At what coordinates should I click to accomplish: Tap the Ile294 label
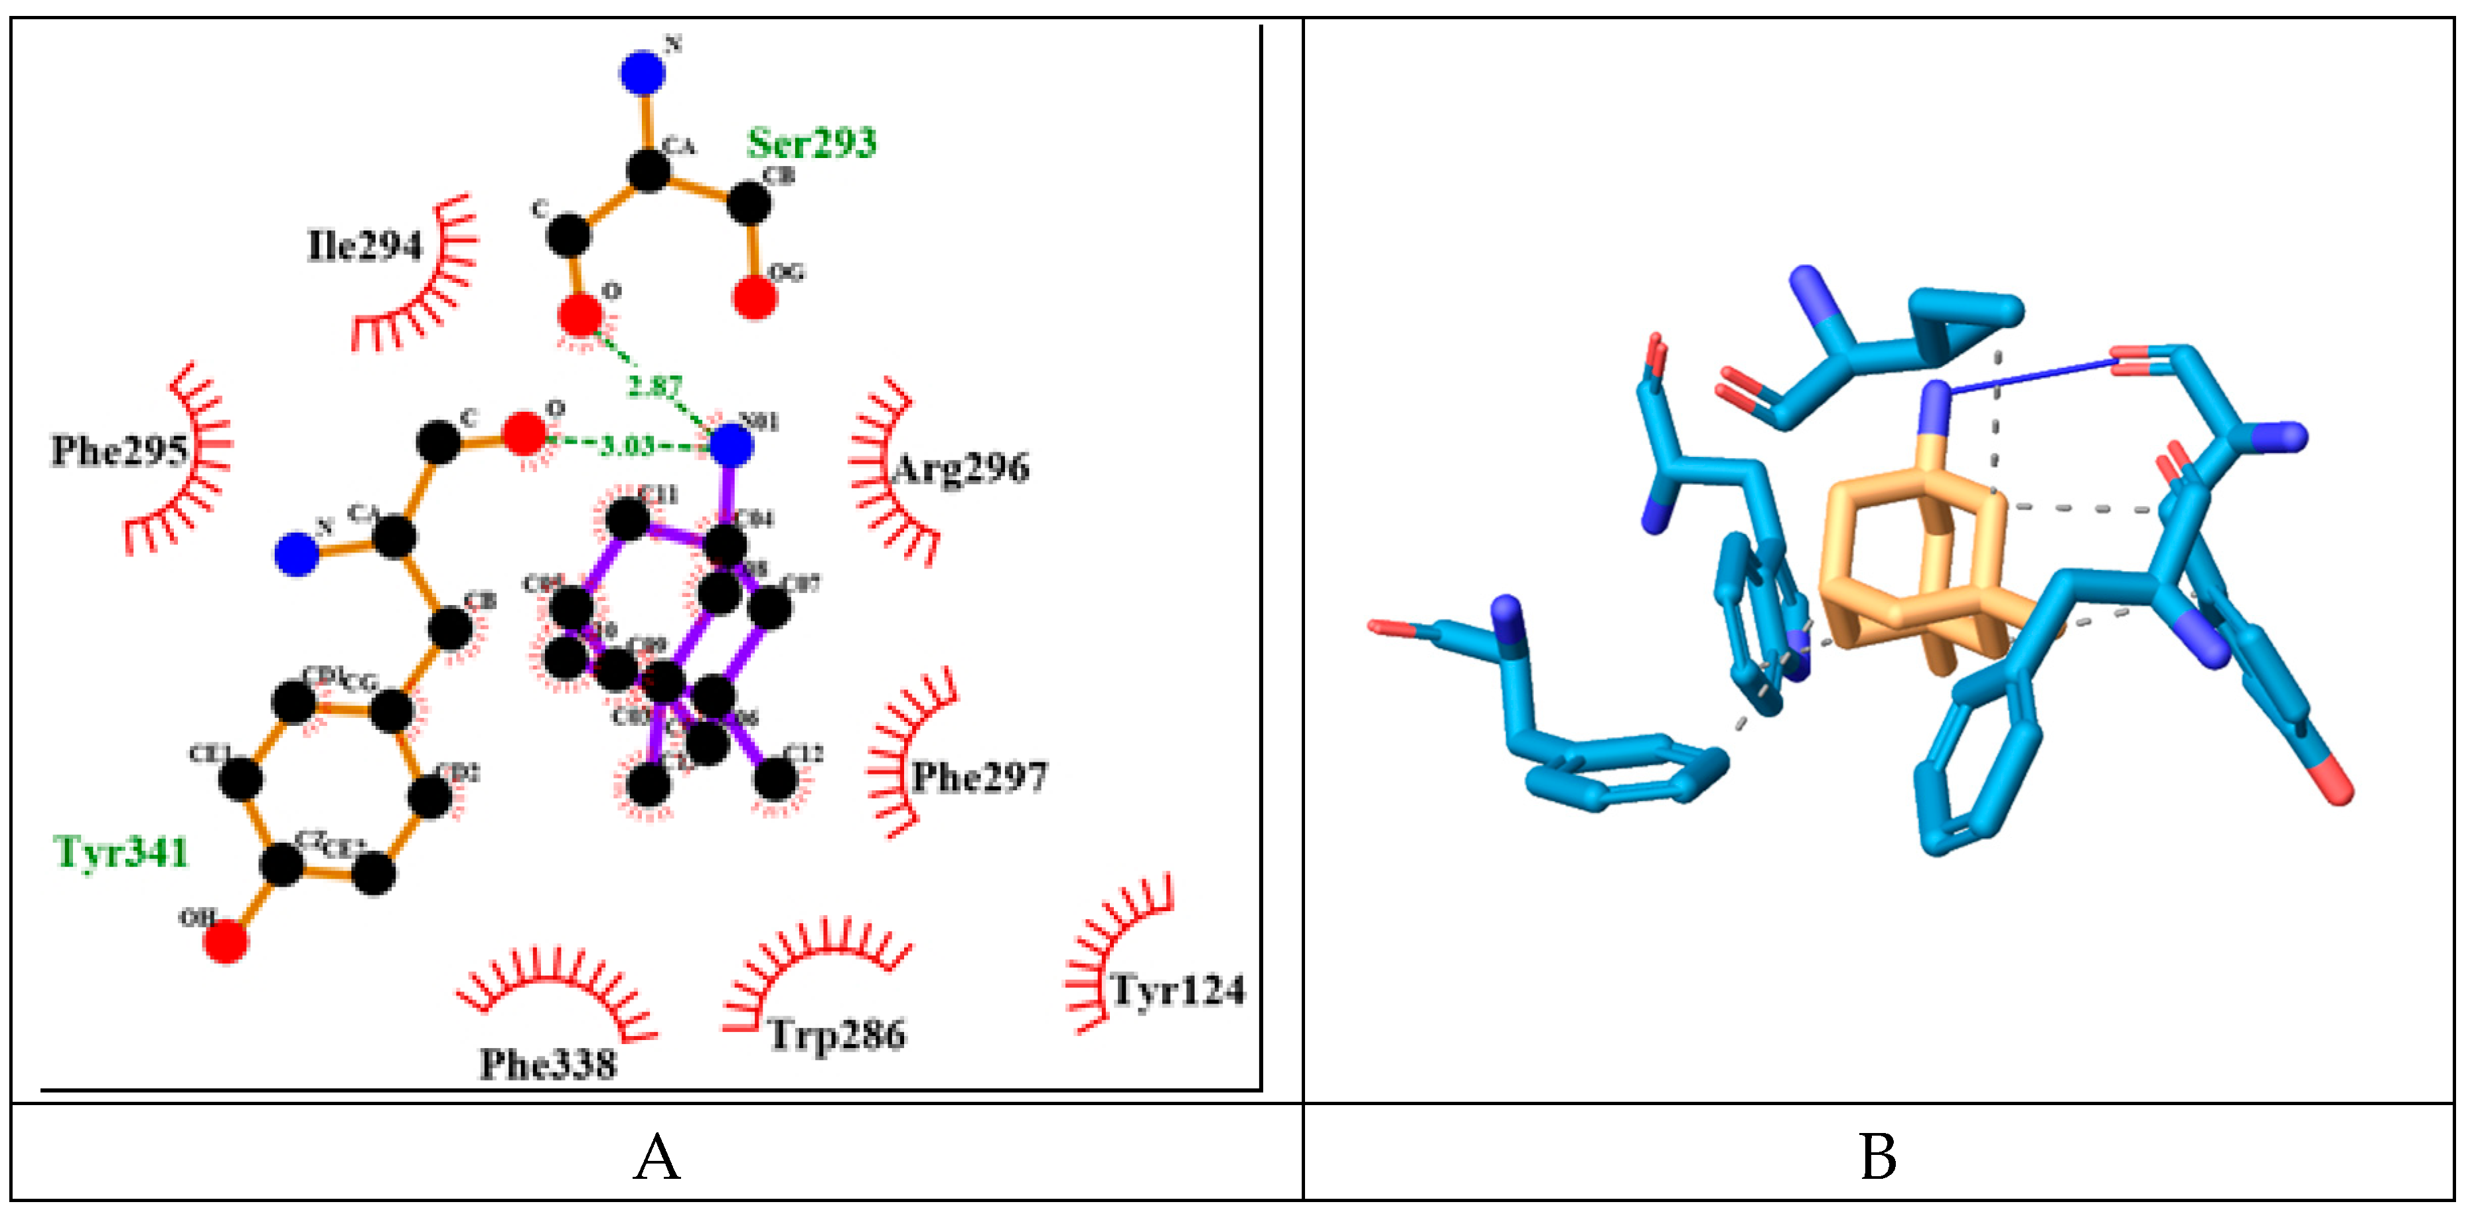(x=364, y=246)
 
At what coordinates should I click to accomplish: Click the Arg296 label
(x=961, y=469)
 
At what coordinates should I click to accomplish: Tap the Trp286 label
(x=837, y=1035)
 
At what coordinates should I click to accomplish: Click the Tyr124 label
(x=1178, y=990)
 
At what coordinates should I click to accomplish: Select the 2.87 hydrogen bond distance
(x=655, y=387)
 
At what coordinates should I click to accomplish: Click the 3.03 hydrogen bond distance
(x=627, y=445)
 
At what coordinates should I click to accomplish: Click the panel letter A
(x=656, y=1157)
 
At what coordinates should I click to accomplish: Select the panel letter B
(x=1877, y=1157)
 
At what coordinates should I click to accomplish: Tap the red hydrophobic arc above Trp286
(x=815, y=959)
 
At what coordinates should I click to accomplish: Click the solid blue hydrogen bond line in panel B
(x=2033, y=375)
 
